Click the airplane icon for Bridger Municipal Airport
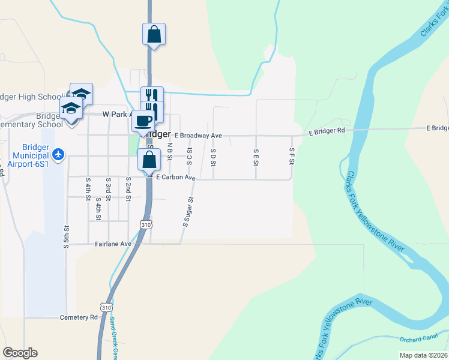pos(58,154)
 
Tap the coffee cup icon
pos(143,121)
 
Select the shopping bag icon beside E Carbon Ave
pos(149,160)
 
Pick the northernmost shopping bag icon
pos(154,34)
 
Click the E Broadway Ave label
pos(198,136)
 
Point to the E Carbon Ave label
pos(176,178)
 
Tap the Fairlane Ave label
pos(113,244)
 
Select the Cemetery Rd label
pos(79,317)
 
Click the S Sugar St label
pos(187,212)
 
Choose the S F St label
pos(292,156)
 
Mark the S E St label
pos(256,157)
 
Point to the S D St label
pos(213,157)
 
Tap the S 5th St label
pos(67,236)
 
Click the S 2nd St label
pos(128,188)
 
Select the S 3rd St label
pos(108,188)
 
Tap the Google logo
pos(20,353)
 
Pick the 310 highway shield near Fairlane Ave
pos(145,224)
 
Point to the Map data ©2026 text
pos(423,355)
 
